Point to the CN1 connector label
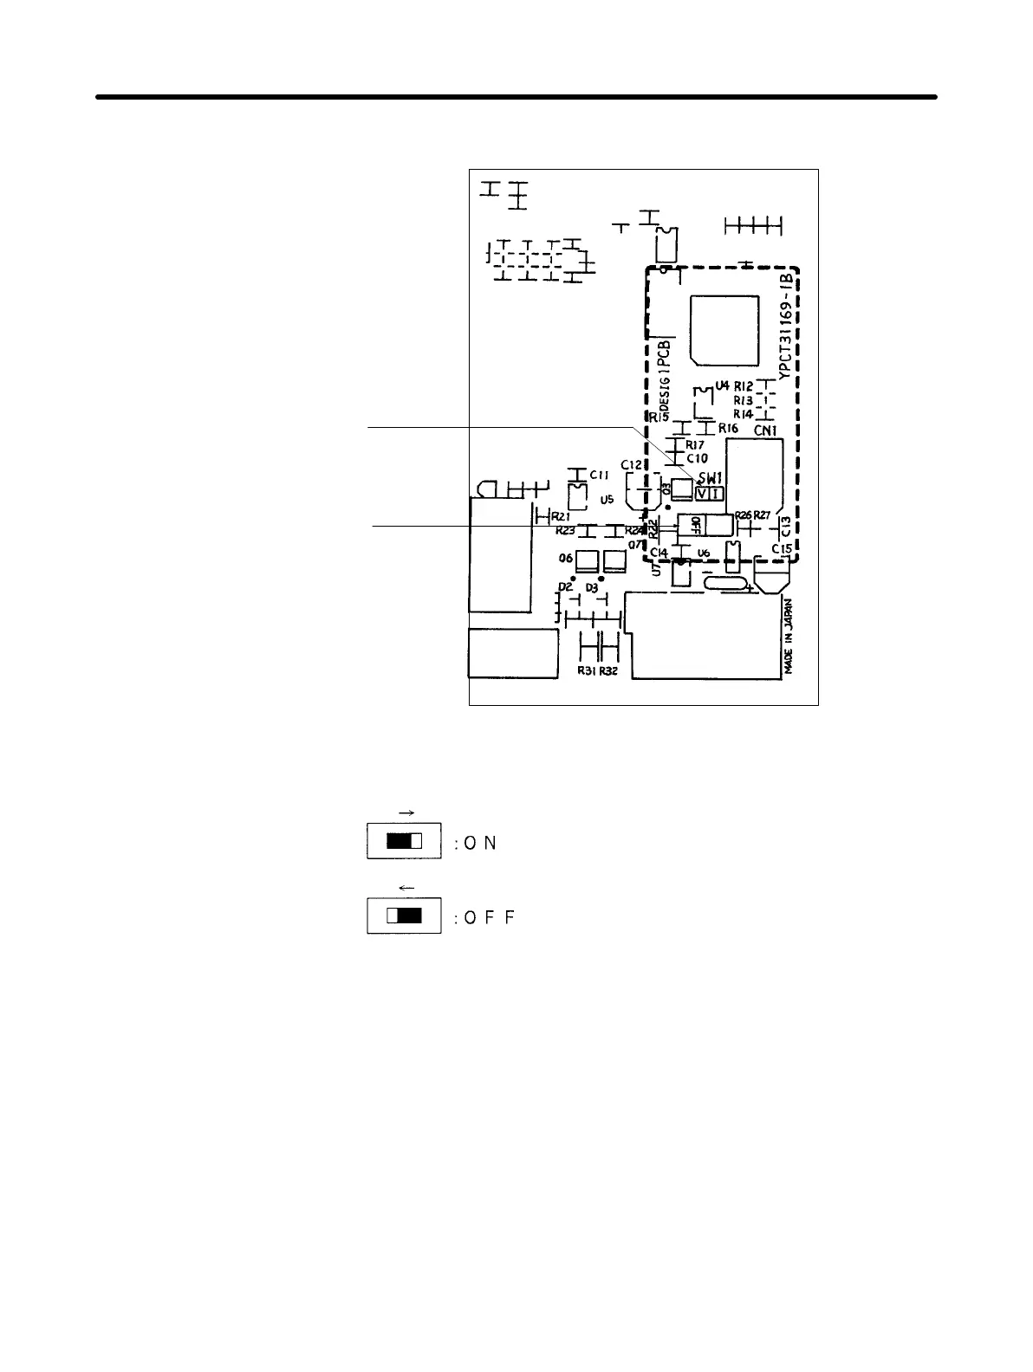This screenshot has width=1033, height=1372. coord(764,430)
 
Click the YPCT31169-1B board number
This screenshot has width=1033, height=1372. coord(785,327)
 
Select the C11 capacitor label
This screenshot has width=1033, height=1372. coord(600,475)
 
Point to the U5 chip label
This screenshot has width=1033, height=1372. coord(607,500)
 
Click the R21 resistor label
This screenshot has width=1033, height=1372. coord(560,515)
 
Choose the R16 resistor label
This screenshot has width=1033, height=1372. coord(728,428)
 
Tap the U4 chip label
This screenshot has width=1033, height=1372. coord(722,385)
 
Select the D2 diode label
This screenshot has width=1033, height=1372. coord(565,587)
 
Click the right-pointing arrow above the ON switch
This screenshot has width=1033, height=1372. coord(404,812)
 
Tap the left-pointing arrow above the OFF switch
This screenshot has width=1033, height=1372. coord(404,887)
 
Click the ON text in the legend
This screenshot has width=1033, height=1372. coord(479,844)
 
